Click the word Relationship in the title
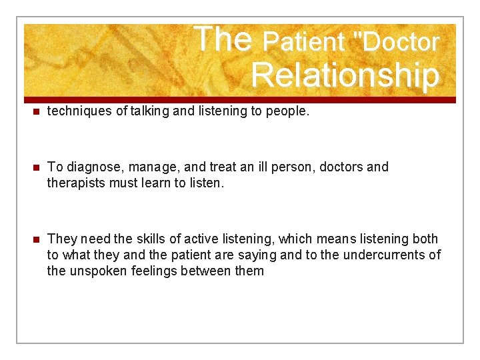pos(345,75)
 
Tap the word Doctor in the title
pos(400,42)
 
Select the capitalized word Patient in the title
pos(303,42)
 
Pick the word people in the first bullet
pos(287,112)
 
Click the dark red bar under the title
pos(240,100)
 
